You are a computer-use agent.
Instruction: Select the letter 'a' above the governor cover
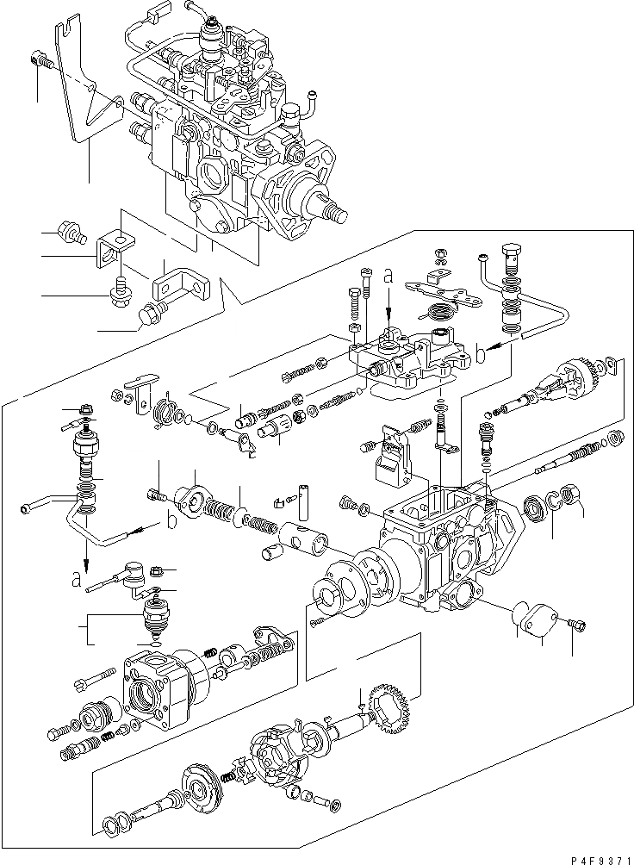(388, 277)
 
